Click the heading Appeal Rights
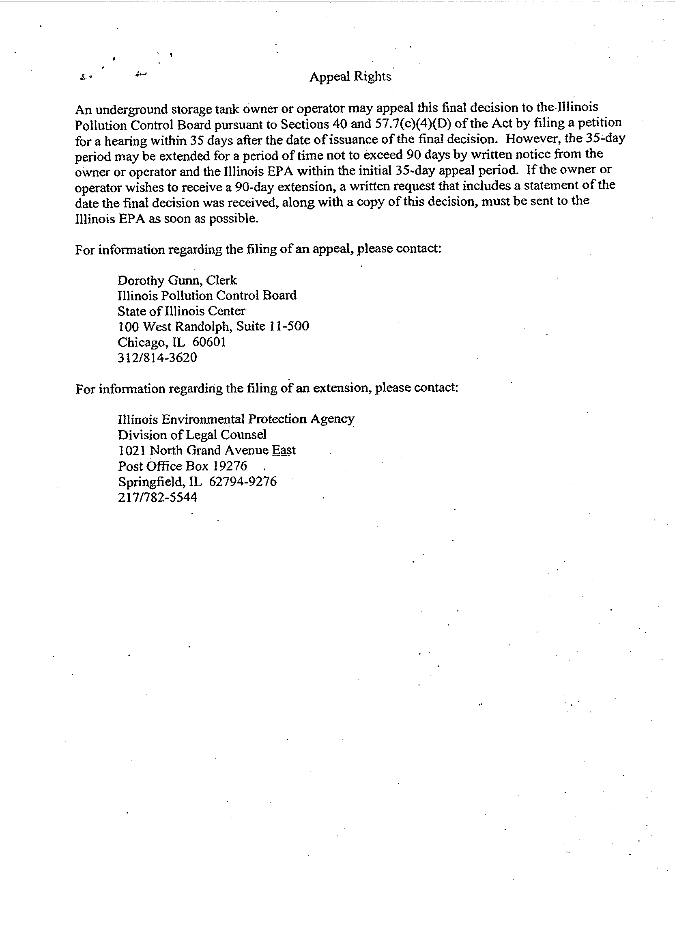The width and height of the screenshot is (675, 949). pyautogui.click(x=350, y=77)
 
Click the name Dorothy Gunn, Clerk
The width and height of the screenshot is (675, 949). pyautogui.click(x=177, y=280)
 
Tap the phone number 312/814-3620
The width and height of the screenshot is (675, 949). pyautogui.click(x=157, y=358)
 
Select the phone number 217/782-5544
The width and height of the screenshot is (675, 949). pyautogui.click(x=157, y=497)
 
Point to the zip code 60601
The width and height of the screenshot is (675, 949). pyautogui.click(x=209, y=342)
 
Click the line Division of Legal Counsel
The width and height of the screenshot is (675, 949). pyautogui.click(x=192, y=435)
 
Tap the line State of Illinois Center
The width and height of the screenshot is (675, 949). pyautogui.click(x=181, y=311)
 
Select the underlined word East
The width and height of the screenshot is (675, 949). pyautogui.click(x=284, y=450)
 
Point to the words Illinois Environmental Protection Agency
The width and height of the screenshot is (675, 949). pyautogui.click(x=236, y=419)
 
